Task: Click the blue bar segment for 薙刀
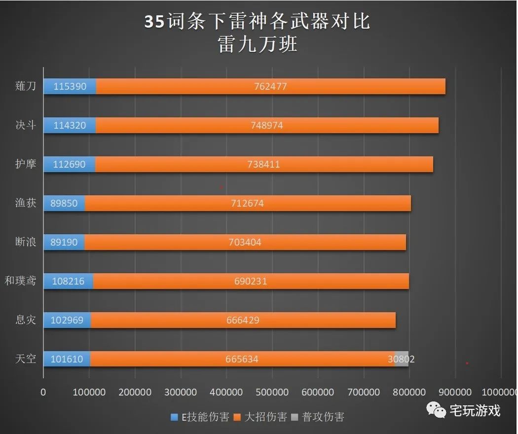(x=70, y=86)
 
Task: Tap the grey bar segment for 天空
(x=402, y=359)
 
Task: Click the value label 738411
(x=263, y=164)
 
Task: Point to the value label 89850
(x=64, y=203)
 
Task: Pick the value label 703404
(x=245, y=242)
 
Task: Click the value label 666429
(x=243, y=320)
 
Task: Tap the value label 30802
(x=401, y=359)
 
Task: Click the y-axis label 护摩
(x=26, y=164)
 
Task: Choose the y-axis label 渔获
(x=26, y=203)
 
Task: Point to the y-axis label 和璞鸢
(x=21, y=281)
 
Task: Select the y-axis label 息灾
(x=26, y=320)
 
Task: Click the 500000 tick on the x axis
(x=272, y=392)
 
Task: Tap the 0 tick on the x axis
(x=43, y=392)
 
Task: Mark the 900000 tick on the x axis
(x=455, y=392)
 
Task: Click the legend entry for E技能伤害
(x=200, y=417)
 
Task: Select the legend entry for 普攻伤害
(x=318, y=417)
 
